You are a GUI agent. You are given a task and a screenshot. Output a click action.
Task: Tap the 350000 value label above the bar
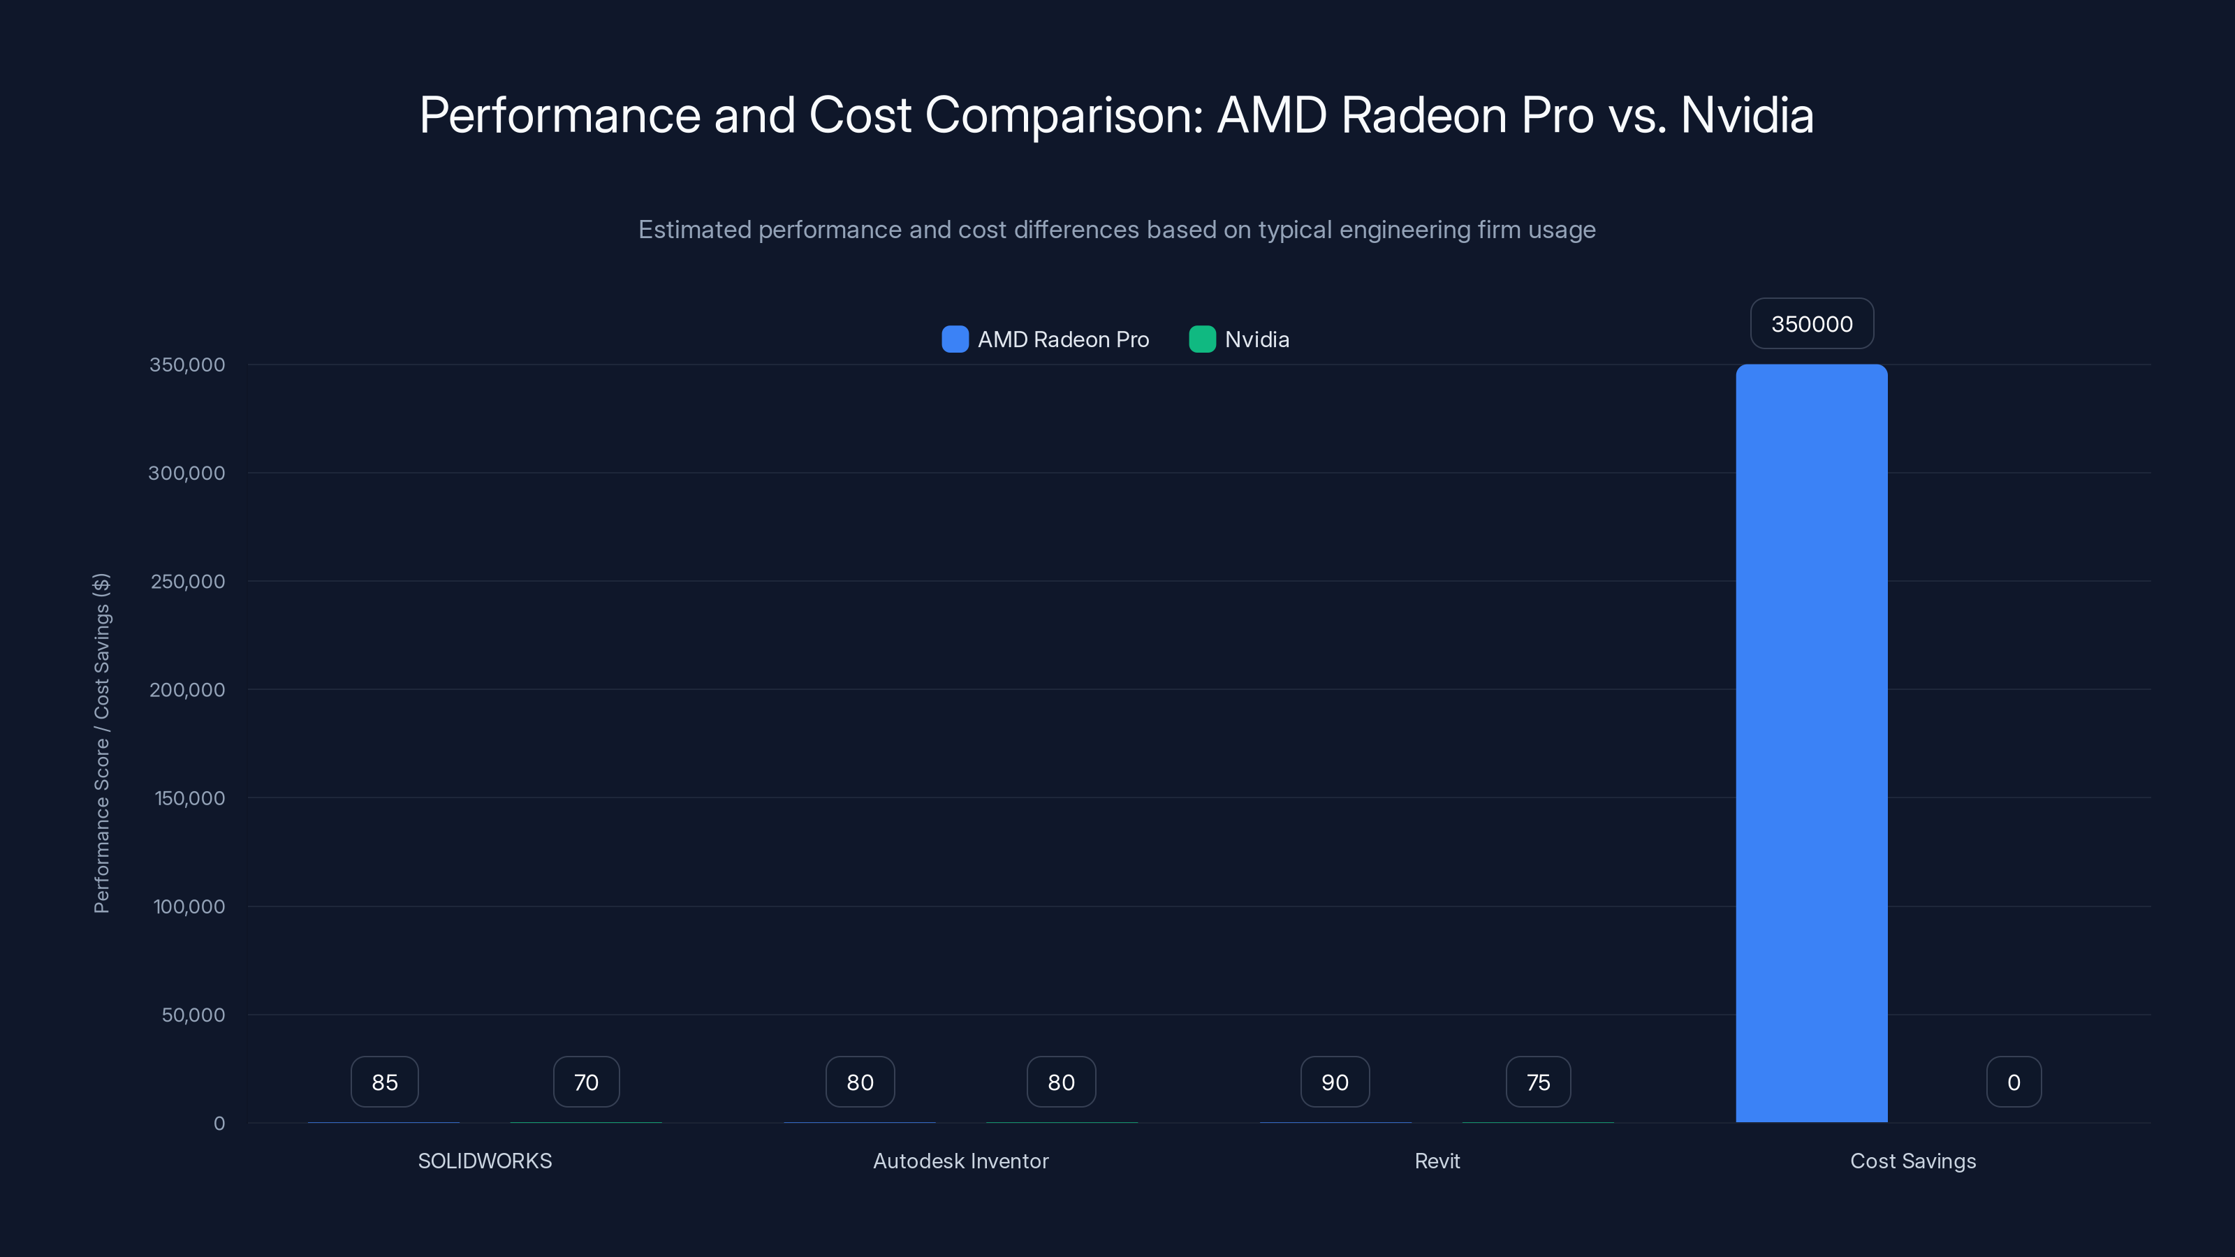click(1812, 323)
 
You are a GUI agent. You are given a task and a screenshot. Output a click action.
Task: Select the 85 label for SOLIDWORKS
click(384, 1082)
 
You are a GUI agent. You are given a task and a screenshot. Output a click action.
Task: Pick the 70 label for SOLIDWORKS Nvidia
click(587, 1082)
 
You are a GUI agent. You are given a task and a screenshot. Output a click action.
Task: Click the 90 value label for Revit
click(1335, 1082)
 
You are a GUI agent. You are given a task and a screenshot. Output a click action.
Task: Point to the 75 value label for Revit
click(1537, 1082)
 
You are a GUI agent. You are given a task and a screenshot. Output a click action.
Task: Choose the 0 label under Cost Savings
click(2014, 1082)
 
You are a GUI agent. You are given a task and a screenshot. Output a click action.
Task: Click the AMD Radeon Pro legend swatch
click(954, 339)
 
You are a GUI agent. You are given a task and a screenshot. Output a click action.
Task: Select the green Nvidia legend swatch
click(1201, 339)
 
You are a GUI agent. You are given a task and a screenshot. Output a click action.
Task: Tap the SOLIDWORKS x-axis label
click(485, 1161)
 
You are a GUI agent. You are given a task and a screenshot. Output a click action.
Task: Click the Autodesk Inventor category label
click(960, 1161)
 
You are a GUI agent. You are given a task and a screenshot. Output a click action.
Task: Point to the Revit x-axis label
click(1437, 1161)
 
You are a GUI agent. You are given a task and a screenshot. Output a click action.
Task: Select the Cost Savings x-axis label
click(1912, 1161)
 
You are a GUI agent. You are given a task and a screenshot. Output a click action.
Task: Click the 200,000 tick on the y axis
click(186, 690)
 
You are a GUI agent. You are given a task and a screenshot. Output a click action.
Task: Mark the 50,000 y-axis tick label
click(193, 1015)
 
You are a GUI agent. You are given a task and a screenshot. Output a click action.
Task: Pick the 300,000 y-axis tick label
click(186, 473)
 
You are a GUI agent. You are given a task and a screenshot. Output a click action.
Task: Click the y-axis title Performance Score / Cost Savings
click(101, 742)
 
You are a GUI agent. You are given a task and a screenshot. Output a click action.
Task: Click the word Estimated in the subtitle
click(694, 230)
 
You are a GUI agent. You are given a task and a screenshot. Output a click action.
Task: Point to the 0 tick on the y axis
click(219, 1124)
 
